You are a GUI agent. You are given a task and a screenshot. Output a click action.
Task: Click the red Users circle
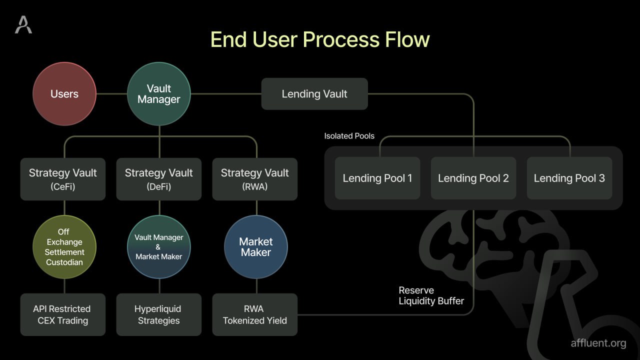tap(64, 94)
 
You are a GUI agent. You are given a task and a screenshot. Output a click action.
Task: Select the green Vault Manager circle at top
tap(159, 94)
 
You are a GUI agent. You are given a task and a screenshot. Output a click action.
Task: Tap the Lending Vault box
tap(314, 94)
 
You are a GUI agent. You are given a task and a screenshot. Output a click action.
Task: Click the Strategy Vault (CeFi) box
tap(63, 179)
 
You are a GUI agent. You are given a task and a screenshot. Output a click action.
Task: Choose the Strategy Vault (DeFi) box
tap(159, 179)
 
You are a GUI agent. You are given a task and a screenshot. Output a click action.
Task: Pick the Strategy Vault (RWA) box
tap(255, 179)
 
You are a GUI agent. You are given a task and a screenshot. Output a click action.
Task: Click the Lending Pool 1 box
tap(377, 178)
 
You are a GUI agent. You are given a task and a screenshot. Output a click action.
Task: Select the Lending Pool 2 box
tap(473, 178)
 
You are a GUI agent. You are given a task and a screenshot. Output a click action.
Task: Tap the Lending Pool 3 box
tap(569, 178)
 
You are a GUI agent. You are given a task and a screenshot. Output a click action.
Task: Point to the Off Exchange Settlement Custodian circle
tap(64, 247)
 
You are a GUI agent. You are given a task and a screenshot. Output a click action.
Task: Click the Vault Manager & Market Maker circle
tap(159, 247)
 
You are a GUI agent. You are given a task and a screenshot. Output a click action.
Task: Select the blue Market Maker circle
tap(256, 247)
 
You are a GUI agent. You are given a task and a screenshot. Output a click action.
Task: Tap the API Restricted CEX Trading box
tap(63, 314)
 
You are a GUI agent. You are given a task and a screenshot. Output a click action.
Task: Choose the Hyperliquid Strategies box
tap(159, 314)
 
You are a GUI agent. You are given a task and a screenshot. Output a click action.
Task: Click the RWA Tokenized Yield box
tap(255, 314)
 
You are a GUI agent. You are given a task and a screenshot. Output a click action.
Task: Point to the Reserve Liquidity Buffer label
tap(431, 295)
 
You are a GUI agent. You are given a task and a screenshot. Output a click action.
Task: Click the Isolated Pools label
tap(349, 136)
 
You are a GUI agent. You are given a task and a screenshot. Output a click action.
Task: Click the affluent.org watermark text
tap(598, 343)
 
